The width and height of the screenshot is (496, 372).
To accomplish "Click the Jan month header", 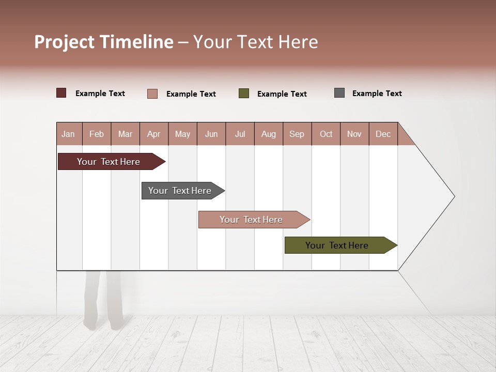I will pos(69,134).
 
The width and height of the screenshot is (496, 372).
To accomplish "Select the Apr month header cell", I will pos(154,134).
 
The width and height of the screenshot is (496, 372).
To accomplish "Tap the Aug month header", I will pos(269,134).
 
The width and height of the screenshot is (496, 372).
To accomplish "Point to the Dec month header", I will pos(383,134).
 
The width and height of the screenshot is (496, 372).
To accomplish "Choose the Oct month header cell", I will pos(326,134).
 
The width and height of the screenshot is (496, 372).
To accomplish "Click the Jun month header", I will pos(211,134).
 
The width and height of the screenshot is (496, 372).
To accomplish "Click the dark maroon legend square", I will pos(61,93).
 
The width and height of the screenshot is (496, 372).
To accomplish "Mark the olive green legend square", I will pos(244,94).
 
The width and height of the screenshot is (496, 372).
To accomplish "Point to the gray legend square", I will pos(339,93).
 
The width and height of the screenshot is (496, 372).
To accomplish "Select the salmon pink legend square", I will pos(152,94).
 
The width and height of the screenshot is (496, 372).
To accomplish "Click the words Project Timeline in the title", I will pos(103,42).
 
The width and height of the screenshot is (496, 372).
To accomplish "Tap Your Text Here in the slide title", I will pos(256,42).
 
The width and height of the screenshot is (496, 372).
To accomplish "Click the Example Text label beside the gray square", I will pos(377,94).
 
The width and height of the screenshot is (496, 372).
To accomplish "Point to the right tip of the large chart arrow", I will pos(453,196).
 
